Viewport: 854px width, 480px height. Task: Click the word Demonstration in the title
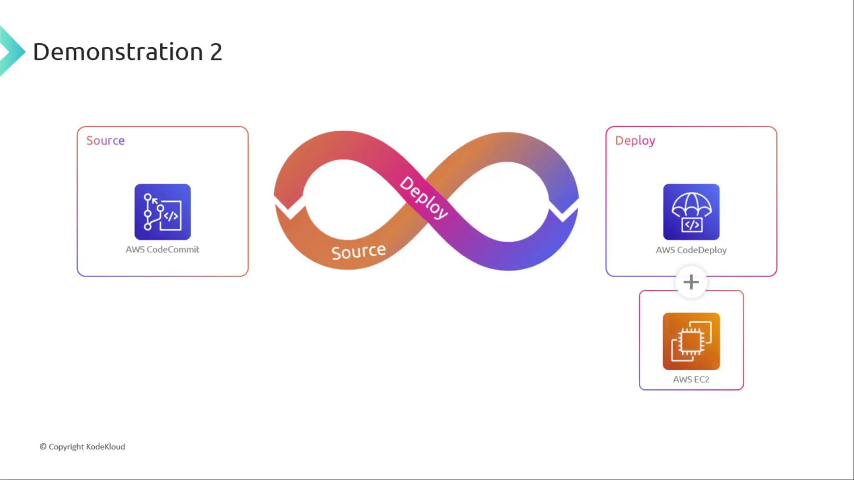(118, 52)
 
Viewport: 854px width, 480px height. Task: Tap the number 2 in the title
(216, 52)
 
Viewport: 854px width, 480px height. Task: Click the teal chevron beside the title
(12, 52)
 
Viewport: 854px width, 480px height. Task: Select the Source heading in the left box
(105, 140)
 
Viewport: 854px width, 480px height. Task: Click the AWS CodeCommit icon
(163, 212)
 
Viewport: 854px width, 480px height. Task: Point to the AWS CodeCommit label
(162, 249)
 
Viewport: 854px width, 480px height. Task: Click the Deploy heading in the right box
(635, 141)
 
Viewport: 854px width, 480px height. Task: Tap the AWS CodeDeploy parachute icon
(691, 212)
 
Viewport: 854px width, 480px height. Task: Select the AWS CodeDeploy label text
(691, 250)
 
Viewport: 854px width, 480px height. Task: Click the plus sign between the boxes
(691, 282)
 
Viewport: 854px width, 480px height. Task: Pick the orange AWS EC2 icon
(691, 341)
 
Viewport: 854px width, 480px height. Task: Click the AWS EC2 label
(691, 380)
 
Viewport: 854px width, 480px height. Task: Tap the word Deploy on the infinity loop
(423, 198)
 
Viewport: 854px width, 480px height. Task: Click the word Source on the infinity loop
(359, 252)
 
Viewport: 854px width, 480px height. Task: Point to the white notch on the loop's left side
(290, 208)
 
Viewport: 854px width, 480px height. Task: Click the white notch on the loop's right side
(563, 210)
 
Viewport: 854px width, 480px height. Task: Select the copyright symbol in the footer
(43, 447)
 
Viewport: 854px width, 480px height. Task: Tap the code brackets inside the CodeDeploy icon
(692, 225)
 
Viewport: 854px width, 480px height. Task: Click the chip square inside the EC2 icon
(691, 341)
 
